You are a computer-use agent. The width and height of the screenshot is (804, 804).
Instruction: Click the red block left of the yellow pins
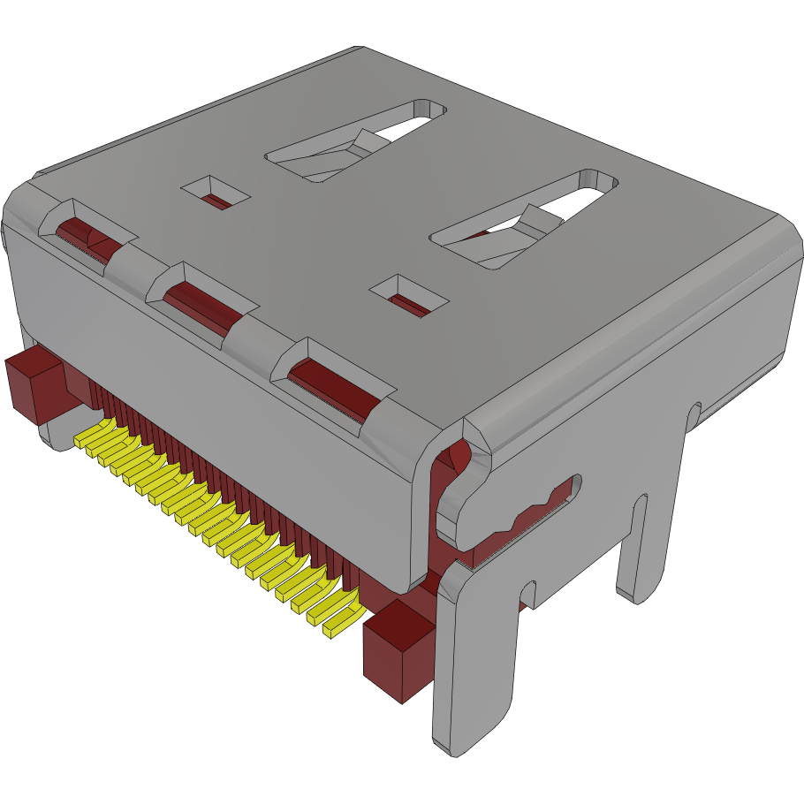click(34, 385)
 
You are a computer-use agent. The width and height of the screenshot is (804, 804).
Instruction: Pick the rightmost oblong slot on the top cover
click(525, 219)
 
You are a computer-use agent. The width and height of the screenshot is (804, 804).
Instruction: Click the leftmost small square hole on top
click(216, 192)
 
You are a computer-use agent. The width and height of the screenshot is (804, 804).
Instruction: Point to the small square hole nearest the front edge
click(408, 296)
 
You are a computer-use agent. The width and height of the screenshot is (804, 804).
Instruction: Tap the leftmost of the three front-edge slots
click(88, 233)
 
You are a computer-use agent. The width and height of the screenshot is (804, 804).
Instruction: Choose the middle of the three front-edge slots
click(201, 300)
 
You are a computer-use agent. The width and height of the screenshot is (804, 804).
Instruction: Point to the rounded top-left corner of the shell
click(22, 199)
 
